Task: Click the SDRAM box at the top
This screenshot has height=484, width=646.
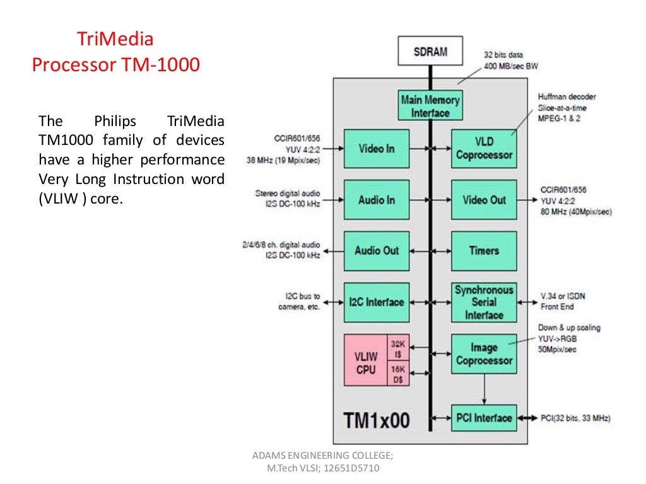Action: click(430, 52)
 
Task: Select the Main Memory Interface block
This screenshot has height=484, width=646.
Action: click(430, 106)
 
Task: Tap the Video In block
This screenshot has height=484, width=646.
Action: click(376, 149)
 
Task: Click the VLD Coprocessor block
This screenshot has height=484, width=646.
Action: click(484, 149)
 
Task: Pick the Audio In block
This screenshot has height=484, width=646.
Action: click(376, 200)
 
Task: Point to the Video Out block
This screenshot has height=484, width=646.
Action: click(484, 200)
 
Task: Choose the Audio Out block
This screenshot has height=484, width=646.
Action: click(376, 251)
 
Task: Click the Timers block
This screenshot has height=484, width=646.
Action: click(484, 251)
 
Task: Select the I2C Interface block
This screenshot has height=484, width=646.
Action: click(376, 302)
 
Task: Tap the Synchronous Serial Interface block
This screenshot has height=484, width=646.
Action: click(484, 302)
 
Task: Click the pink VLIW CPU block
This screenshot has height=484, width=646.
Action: click(365, 360)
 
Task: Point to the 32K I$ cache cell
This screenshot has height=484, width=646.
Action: click(398, 349)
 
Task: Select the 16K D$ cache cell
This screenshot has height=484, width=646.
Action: click(398, 374)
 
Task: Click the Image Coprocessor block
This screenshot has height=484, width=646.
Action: click(484, 354)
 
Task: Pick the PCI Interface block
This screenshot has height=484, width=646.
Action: click(484, 418)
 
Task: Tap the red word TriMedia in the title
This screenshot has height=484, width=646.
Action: click(115, 40)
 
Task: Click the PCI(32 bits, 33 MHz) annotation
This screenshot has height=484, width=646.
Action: click(575, 418)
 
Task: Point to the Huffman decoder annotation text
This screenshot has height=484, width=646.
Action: click(567, 96)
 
